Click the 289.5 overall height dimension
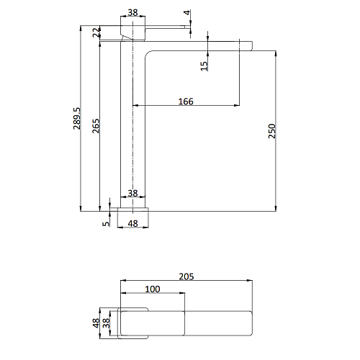point(77,119)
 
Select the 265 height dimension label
point(96,126)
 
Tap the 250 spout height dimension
point(272,131)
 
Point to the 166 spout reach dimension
point(186,102)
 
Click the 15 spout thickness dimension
point(204,66)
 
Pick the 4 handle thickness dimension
point(187,12)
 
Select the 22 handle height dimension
point(96,32)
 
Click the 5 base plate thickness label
point(106,224)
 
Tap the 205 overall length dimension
point(186,276)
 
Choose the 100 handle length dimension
point(153,289)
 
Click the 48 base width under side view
point(132,224)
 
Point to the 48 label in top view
point(96,323)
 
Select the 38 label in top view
point(106,323)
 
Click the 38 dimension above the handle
point(132,12)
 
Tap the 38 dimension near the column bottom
point(132,193)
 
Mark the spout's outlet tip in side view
point(251,46)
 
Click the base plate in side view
point(133,210)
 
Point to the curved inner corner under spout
point(148,53)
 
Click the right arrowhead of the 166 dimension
point(237,105)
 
